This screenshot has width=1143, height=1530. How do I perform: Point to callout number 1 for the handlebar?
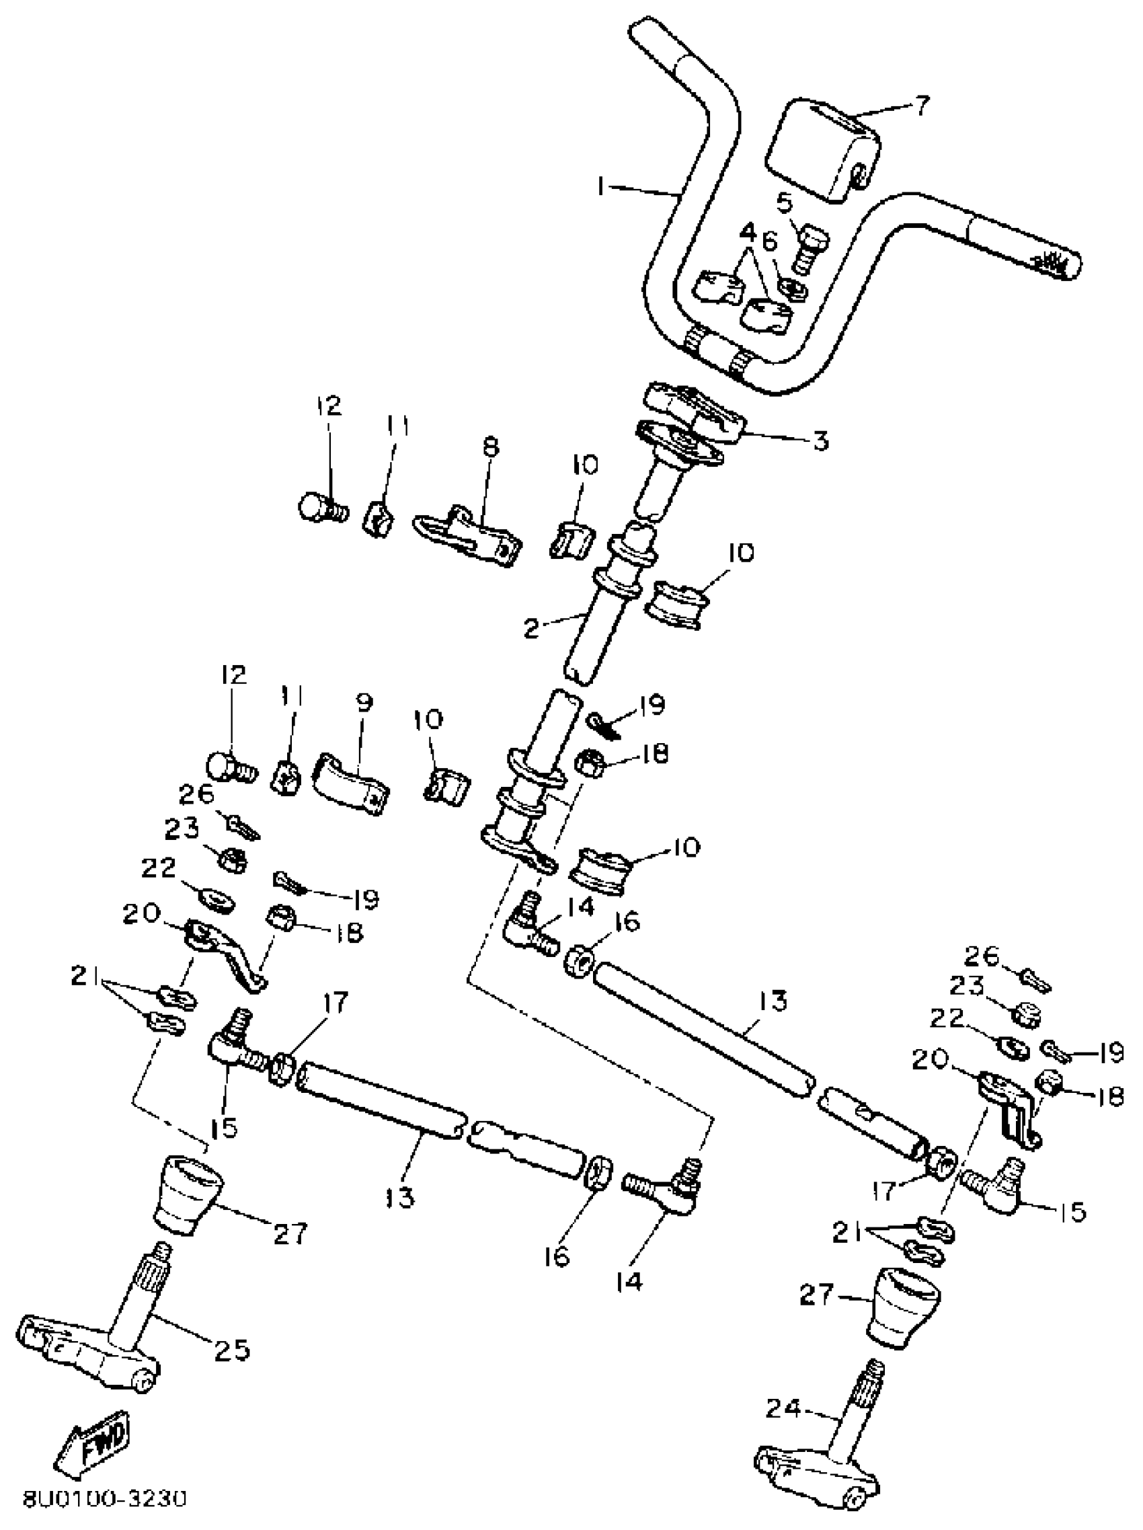pyautogui.click(x=601, y=186)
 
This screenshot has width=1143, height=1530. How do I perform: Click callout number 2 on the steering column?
pyautogui.click(x=530, y=629)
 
